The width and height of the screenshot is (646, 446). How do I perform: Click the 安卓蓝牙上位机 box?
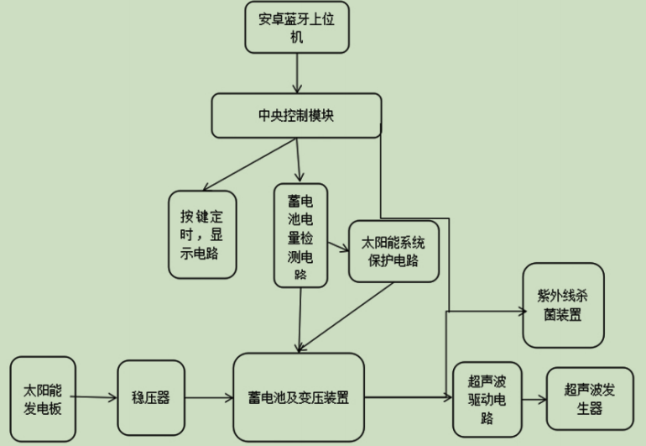point(295,28)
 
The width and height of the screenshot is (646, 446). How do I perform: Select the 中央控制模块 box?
point(296,116)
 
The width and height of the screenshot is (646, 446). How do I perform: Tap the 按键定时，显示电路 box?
point(202,234)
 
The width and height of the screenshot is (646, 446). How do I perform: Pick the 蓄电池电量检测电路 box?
point(300,236)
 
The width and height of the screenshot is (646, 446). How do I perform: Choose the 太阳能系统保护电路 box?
point(393,251)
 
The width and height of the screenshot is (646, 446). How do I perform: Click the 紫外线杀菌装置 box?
point(563,305)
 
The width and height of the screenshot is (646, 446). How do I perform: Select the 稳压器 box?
point(150,397)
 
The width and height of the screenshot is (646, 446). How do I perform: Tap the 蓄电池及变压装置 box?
point(299,397)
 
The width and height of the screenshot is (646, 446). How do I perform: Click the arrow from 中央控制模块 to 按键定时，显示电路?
point(248,165)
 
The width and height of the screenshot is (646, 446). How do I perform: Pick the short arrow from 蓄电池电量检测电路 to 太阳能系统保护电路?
point(337,248)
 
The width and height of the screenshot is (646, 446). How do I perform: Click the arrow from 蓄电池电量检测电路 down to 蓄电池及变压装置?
point(300,320)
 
